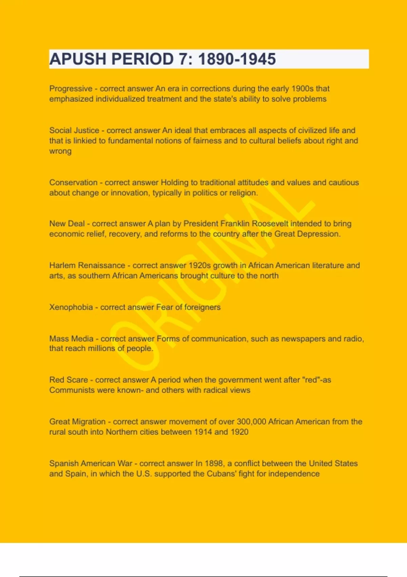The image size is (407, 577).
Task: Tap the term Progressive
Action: (x=71, y=89)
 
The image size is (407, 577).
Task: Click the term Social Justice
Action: (x=74, y=130)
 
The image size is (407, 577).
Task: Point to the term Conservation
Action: (x=73, y=182)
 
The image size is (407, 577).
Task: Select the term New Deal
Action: (x=67, y=224)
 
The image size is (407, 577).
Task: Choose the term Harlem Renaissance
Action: (x=87, y=265)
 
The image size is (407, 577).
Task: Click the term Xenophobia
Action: (x=71, y=307)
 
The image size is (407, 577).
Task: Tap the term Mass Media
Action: (x=71, y=338)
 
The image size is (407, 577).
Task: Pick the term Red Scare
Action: (x=69, y=380)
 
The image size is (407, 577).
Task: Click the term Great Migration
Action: (x=77, y=422)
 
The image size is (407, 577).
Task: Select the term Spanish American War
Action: (x=91, y=463)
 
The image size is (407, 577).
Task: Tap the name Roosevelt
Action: (x=270, y=224)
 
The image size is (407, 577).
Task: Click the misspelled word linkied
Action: (x=85, y=141)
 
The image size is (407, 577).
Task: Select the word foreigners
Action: (x=202, y=307)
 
